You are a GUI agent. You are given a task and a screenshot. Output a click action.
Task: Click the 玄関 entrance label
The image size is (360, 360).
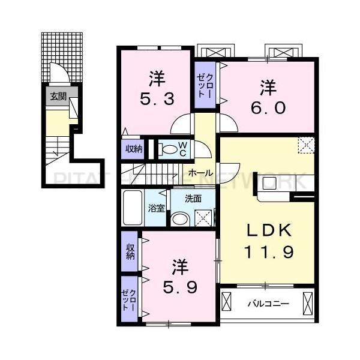point(58,96)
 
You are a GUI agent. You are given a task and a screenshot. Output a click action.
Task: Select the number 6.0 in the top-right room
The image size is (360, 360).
point(268,98)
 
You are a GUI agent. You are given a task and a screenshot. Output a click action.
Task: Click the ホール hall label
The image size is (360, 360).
point(200,173)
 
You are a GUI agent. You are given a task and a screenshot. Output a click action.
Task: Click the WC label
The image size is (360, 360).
point(184,149)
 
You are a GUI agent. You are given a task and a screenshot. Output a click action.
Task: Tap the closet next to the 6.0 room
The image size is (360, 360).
point(205,85)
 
